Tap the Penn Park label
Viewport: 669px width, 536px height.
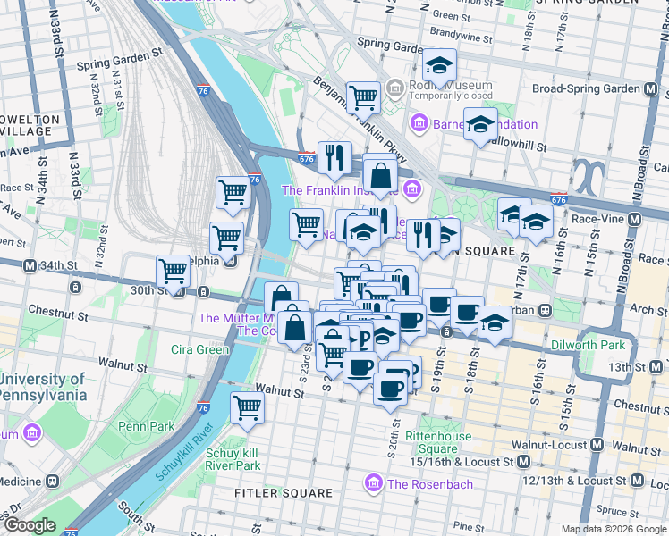[146, 426]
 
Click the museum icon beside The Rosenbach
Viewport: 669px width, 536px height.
[372, 484]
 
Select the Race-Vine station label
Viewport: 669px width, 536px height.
[599, 219]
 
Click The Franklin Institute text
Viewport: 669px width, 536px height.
[340, 189]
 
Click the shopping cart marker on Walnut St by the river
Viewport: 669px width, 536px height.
[247, 407]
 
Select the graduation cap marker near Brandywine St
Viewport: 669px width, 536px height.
[439, 66]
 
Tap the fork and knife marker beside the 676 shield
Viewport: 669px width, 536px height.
[334, 157]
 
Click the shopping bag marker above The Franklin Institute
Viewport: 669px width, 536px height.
[380, 176]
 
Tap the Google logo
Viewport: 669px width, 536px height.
[30, 525]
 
